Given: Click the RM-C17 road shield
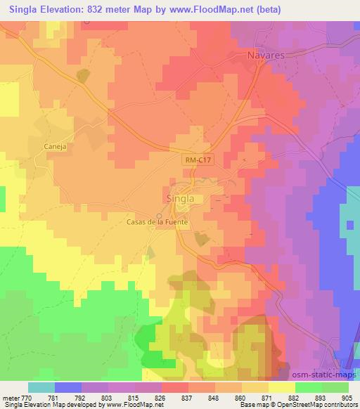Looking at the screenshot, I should click(199, 161).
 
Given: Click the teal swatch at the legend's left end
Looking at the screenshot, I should click(41, 387).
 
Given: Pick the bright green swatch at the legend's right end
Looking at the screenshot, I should click(335, 387).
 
